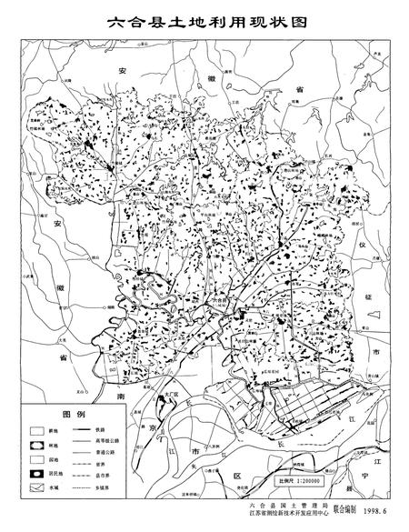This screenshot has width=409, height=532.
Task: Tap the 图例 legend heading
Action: [x=72, y=414]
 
